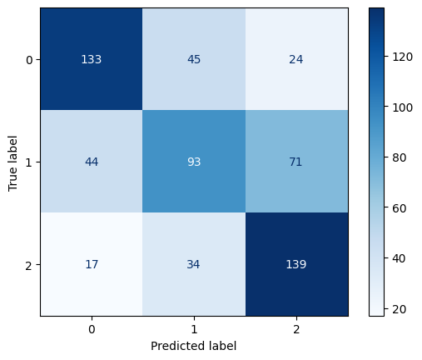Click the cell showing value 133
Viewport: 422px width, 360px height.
pos(91,59)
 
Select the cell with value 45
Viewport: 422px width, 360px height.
pos(193,59)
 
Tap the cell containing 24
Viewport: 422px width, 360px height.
pos(295,59)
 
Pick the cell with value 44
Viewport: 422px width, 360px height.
pos(91,162)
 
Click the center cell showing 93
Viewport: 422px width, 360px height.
pos(193,162)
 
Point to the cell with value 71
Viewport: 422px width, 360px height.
pos(295,162)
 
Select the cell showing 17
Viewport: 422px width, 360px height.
pos(91,264)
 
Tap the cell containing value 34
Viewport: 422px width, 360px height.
pos(193,264)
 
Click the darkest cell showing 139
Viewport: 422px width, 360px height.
pos(295,264)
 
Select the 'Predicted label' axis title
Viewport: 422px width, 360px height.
pos(193,345)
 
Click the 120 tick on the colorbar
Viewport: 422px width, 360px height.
pos(404,56)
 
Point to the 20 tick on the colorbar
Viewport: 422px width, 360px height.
pos(401,309)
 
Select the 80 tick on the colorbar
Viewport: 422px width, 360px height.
pos(401,157)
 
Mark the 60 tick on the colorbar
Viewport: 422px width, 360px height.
pos(401,208)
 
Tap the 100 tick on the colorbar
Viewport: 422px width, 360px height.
pos(404,107)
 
